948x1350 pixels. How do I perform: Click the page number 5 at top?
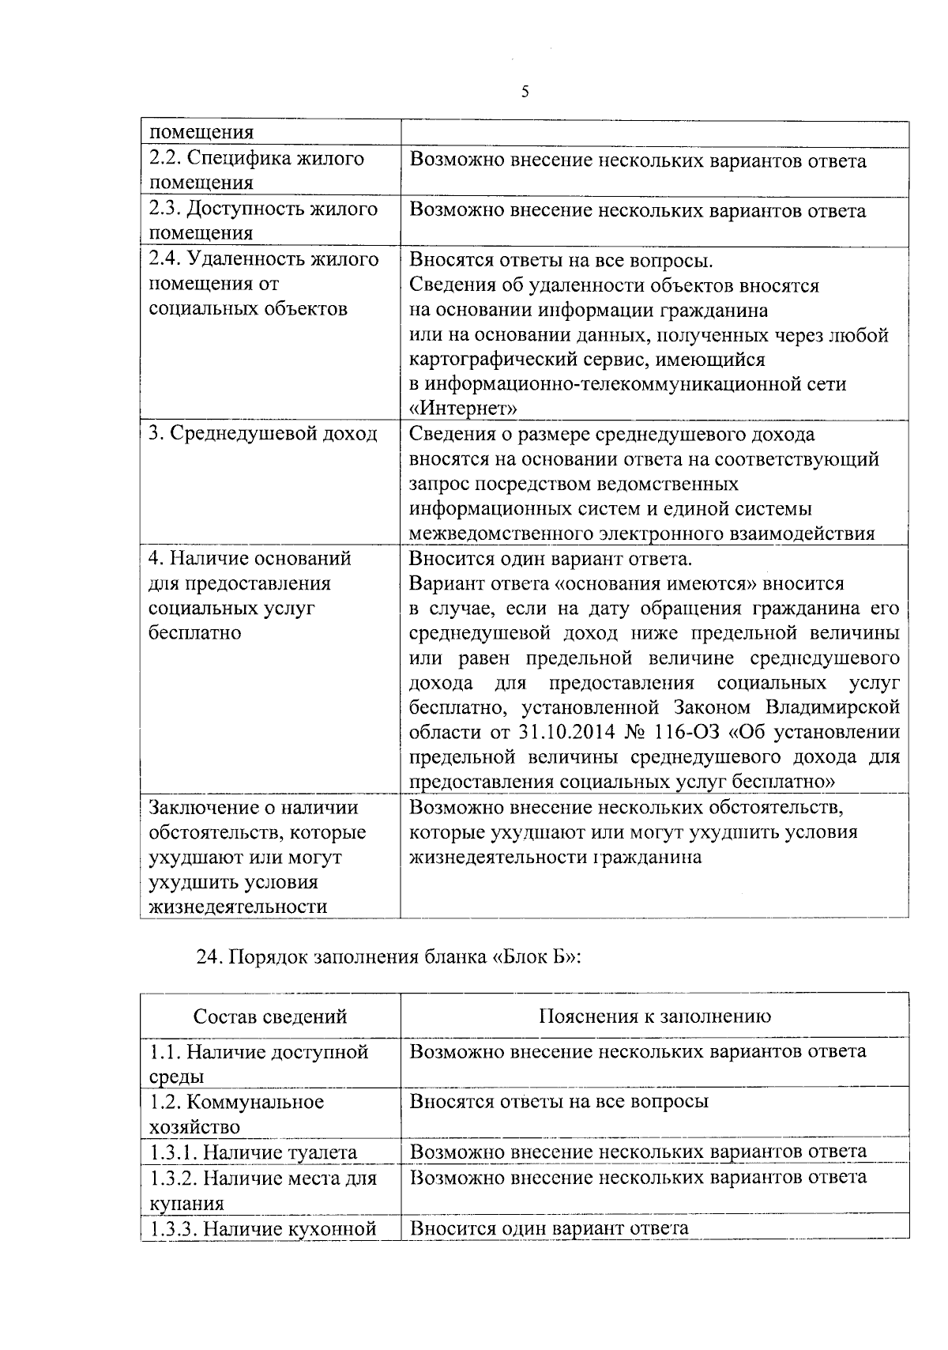[x=525, y=92]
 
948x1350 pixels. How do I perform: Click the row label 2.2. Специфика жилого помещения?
[x=257, y=170]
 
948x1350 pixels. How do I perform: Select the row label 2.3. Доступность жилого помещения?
[x=264, y=221]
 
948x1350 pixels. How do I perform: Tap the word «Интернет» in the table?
[x=463, y=409]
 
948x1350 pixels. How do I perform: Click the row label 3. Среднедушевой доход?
[x=263, y=434]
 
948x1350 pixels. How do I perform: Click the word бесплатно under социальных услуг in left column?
[x=194, y=633]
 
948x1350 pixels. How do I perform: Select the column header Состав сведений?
[x=270, y=1016]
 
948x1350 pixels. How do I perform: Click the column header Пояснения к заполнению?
[x=655, y=1016]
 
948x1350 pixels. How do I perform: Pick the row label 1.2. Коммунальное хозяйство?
[x=237, y=1113]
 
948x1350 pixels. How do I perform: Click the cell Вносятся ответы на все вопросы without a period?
[x=559, y=1101]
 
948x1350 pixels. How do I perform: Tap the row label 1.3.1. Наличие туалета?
[x=254, y=1152]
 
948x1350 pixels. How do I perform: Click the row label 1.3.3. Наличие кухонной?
[x=262, y=1229]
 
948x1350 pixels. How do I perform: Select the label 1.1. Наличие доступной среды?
[x=259, y=1063]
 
